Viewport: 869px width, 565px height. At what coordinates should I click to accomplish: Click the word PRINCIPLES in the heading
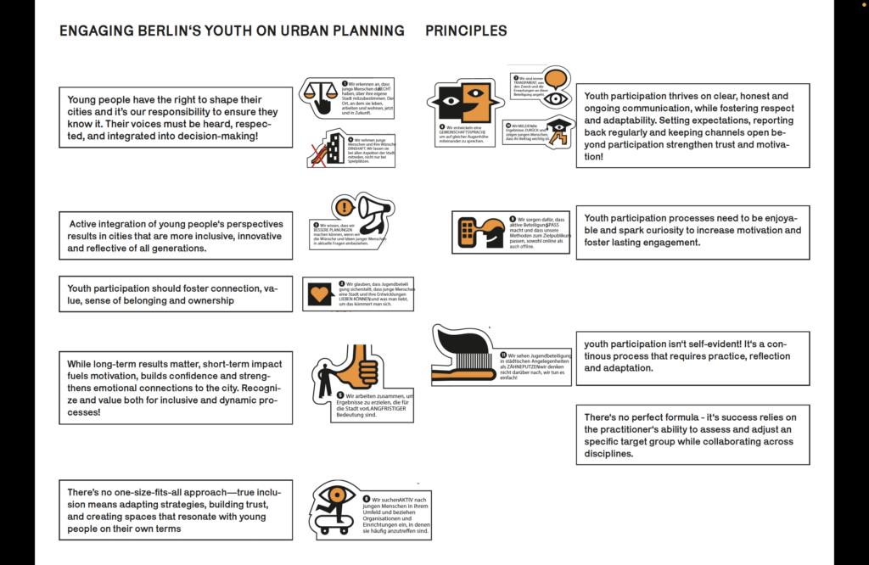click(x=466, y=31)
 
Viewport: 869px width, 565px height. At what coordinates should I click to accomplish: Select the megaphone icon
click(x=373, y=209)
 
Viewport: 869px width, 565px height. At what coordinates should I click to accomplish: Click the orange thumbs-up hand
click(x=358, y=366)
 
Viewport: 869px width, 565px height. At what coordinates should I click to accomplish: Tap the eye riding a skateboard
click(x=335, y=507)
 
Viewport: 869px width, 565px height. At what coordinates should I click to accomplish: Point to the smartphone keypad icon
click(x=468, y=231)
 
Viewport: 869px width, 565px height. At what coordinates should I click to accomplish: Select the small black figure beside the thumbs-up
click(x=324, y=378)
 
